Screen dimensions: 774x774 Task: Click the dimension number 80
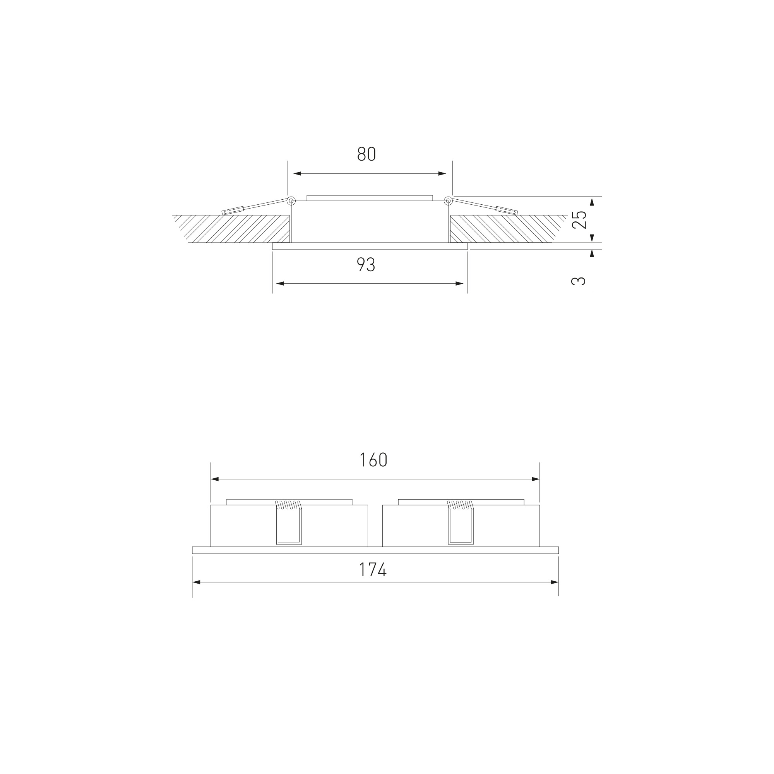point(366,154)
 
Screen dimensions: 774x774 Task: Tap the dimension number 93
point(366,264)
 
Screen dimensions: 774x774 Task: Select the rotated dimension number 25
point(579,219)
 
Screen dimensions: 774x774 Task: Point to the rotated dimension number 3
point(579,281)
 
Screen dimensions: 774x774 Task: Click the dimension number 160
point(373,460)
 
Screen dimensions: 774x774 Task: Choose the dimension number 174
point(373,570)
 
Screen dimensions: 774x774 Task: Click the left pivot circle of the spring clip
point(291,201)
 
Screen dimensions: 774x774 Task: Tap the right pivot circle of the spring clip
point(448,201)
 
